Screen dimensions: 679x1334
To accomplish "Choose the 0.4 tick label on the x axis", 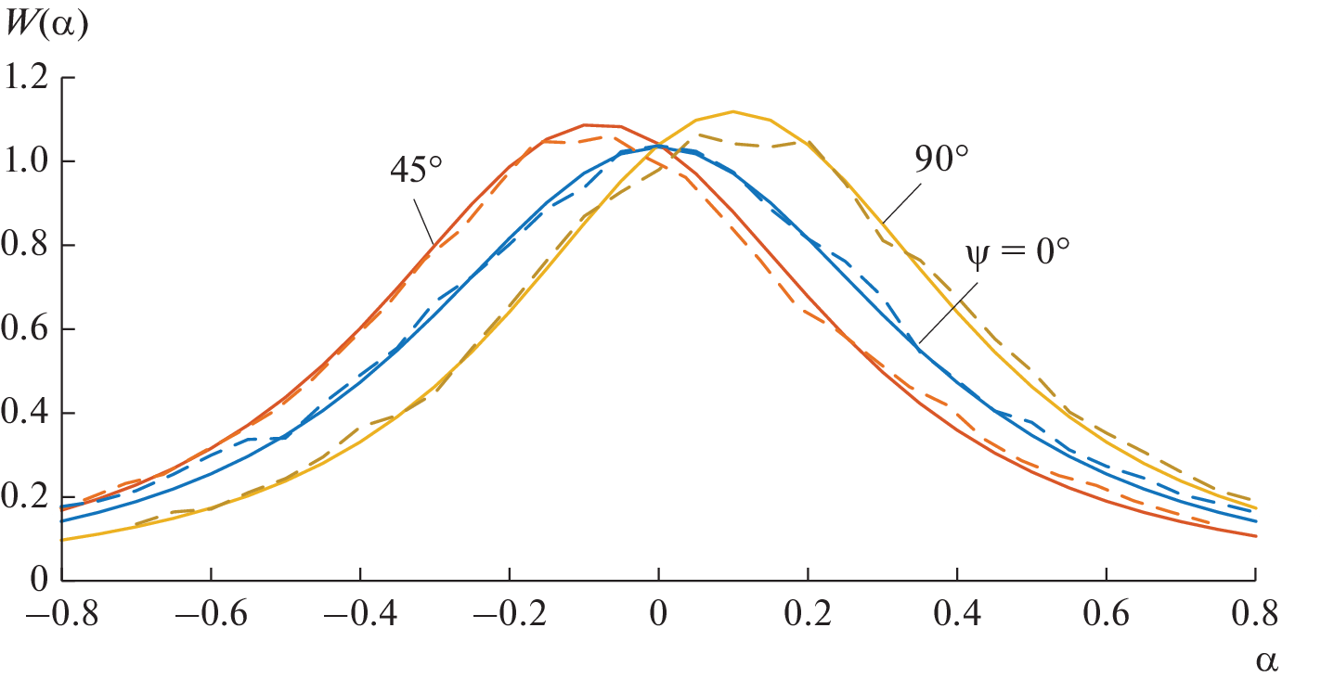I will pyautogui.click(x=957, y=613).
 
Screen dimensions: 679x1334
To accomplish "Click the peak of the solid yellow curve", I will pyautogui.click(x=733, y=111).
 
